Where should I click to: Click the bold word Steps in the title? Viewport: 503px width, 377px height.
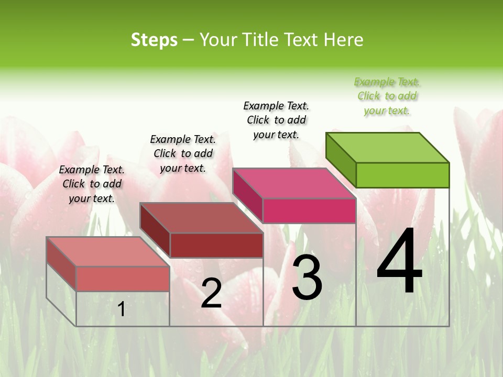pyautogui.click(x=154, y=40)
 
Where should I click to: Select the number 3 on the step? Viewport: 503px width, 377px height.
pyautogui.click(x=307, y=278)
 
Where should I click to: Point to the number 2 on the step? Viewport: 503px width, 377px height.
pyautogui.click(x=211, y=293)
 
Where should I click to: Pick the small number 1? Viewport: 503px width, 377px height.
pyautogui.click(x=121, y=309)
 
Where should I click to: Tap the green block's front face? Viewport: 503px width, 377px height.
pyautogui.click(x=402, y=175)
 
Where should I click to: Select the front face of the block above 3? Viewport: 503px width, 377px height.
pyautogui.click(x=309, y=211)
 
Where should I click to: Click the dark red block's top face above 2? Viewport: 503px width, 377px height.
pyautogui.click(x=201, y=218)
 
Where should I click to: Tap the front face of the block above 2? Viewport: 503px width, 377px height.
pyautogui.click(x=216, y=245)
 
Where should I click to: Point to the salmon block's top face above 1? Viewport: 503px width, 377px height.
pyautogui.click(x=108, y=252)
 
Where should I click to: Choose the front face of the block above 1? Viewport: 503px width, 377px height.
pyautogui.click(x=123, y=279)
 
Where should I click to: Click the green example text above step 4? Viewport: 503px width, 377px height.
pyautogui.click(x=387, y=96)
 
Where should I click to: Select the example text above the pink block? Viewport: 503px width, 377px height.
pyautogui.click(x=276, y=120)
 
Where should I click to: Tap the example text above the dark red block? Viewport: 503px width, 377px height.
pyautogui.click(x=183, y=153)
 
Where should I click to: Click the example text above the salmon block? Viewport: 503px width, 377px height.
pyautogui.click(x=92, y=184)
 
